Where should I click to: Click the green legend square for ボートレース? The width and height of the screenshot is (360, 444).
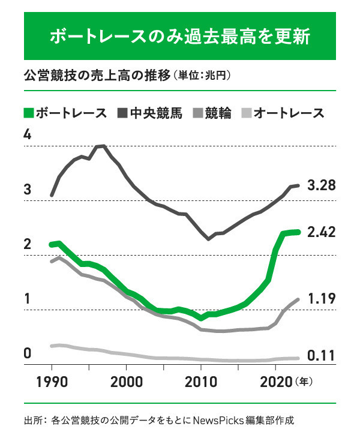coord(28,113)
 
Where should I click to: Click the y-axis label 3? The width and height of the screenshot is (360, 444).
coord(27,190)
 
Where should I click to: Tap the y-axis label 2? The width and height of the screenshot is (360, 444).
coord(27,244)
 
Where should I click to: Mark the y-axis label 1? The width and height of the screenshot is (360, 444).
coord(27,299)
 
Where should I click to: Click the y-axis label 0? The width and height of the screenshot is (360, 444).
coord(27,353)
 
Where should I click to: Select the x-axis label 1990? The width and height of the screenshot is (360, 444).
coord(52,382)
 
